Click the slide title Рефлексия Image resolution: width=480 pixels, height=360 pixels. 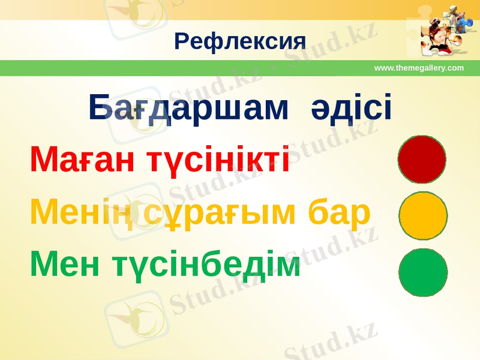(x=240, y=41)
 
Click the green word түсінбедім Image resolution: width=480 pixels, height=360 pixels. (x=207, y=264)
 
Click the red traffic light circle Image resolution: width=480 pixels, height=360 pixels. (x=422, y=159)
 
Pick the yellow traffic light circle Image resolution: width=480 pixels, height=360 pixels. (x=423, y=215)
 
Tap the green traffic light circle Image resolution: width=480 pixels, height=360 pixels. (x=423, y=272)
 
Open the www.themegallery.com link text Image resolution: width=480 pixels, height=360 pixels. (x=419, y=68)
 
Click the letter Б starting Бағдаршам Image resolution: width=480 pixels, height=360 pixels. (x=99, y=107)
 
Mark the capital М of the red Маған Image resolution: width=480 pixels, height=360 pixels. (x=43, y=160)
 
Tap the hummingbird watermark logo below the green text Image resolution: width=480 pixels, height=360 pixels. (x=135, y=315)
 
